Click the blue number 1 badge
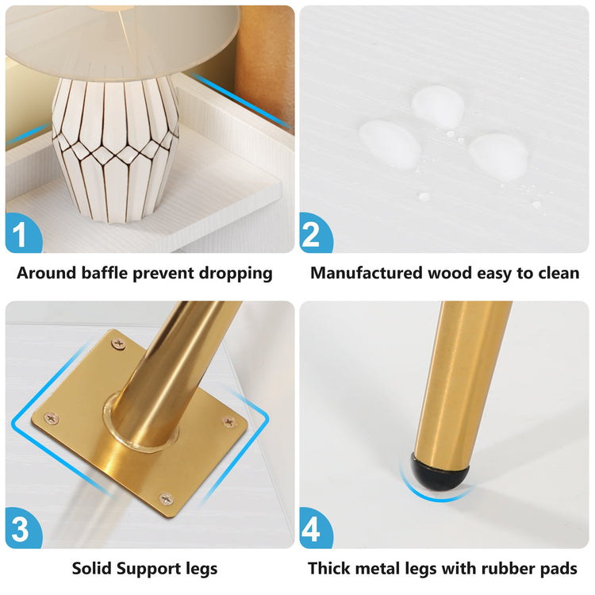(22, 233)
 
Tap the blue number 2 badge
(315, 233)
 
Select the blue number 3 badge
(22, 528)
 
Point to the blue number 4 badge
(315, 528)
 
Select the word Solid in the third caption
(92, 568)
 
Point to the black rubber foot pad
(440, 471)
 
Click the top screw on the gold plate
(119, 344)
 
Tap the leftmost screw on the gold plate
(52, 418)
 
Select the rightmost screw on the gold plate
(228, 421)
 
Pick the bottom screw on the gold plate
(166, 499)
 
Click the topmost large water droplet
(438, 106)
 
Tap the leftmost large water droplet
(390, 144)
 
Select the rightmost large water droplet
(498, 156)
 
